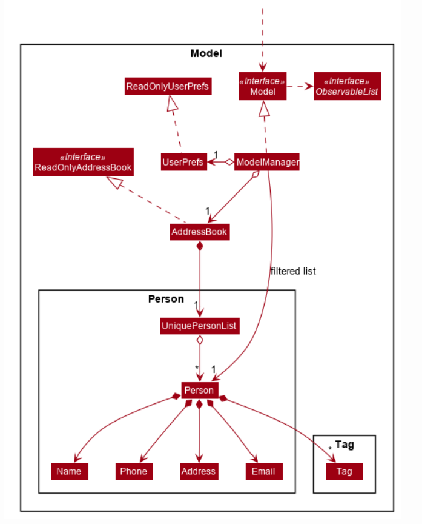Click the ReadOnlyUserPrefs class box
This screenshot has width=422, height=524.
tap(167, 87)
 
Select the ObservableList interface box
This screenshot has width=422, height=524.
tap(347, 87)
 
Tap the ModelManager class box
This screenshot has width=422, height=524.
tap(267, 162)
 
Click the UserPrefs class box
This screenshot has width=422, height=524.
tap(183, 162)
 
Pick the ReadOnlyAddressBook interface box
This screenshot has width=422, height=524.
tap(83, 162)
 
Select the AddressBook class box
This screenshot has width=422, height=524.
tap(200, 232)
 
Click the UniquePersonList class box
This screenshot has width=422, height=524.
tap(200, 326)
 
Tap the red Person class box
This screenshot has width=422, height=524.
tap(199, 390)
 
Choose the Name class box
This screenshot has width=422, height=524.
tap(69, 471)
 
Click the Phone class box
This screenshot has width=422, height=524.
tap(133, 471)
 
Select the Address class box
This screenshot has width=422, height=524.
tap(199, 471)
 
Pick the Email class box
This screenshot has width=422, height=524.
tap(264, 471)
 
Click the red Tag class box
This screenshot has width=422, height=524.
tap(344, 471)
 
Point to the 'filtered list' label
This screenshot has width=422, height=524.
tap(293, 271)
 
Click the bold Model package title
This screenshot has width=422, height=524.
tap(206, 53)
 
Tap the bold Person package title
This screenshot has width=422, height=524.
tap(166, 299)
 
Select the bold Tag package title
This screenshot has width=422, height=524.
tap(344, 445)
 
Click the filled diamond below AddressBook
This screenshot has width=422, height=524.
tap(199, 246)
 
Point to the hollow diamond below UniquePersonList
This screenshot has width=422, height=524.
tap(199, 340)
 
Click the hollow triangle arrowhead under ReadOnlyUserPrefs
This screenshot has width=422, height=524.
tap(171, 105)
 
